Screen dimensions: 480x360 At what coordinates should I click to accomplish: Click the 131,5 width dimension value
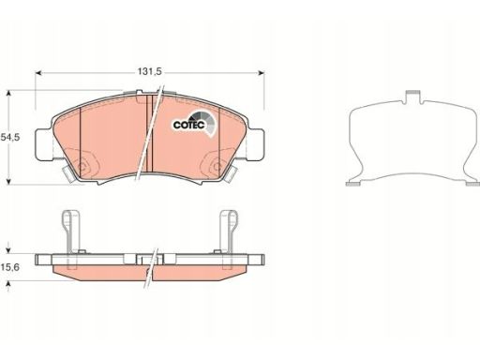click(x=150, y=72)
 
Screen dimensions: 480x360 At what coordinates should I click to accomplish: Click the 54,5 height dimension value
click(x=10, y=137)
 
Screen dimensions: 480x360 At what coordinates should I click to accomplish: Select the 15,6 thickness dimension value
click(x=10, y=267)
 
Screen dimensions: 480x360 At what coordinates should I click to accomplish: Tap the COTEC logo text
click(x=189, y=125)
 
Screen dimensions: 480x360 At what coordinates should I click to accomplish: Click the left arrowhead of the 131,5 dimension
click(x=38, y=73)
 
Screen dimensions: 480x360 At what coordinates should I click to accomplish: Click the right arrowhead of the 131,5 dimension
click(x=261, y=73)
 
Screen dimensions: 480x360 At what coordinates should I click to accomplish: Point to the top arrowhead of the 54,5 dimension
click(x=8, y=94)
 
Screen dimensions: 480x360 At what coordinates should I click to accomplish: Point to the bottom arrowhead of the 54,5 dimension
click(x=8, y=182)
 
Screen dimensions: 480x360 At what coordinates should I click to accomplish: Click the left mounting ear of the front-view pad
click(x=43, y=144)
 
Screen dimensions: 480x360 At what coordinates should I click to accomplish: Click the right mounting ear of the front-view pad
click(x=256, y=144)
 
